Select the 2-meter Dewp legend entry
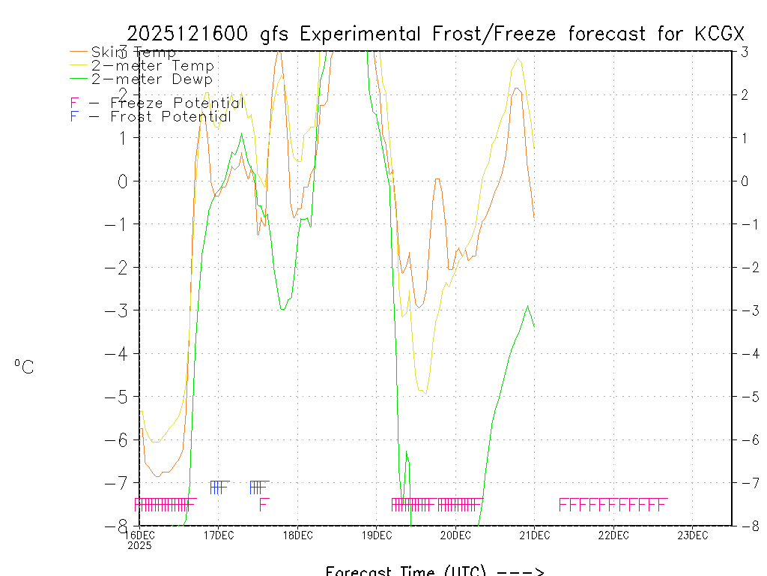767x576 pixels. [152, 79]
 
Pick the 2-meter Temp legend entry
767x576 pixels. [153, 65]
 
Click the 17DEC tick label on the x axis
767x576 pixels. [219, 535]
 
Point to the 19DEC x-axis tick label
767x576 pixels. [377, 535]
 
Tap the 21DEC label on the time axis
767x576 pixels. [535, 535]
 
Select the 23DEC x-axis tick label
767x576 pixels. [693, 535]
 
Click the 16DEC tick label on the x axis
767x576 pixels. [140, 535]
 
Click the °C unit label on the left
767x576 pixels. [24, 367]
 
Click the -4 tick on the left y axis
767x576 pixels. [123, 353]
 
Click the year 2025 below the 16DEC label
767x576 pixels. [140, 545]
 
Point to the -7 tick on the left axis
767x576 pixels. [123, 483]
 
